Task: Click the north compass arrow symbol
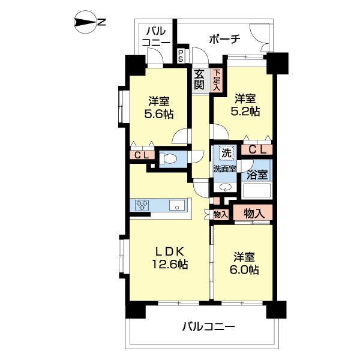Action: [x=84, y=23]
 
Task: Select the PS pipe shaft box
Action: [x=181, y=56]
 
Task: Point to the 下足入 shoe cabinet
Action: [x=216, y=79]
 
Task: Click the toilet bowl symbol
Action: [x=170, y=160]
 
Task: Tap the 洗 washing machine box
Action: [x=226, y=153]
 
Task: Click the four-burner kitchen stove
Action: [x=142, y=205]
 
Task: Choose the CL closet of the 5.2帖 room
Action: [x=257, y=149]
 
